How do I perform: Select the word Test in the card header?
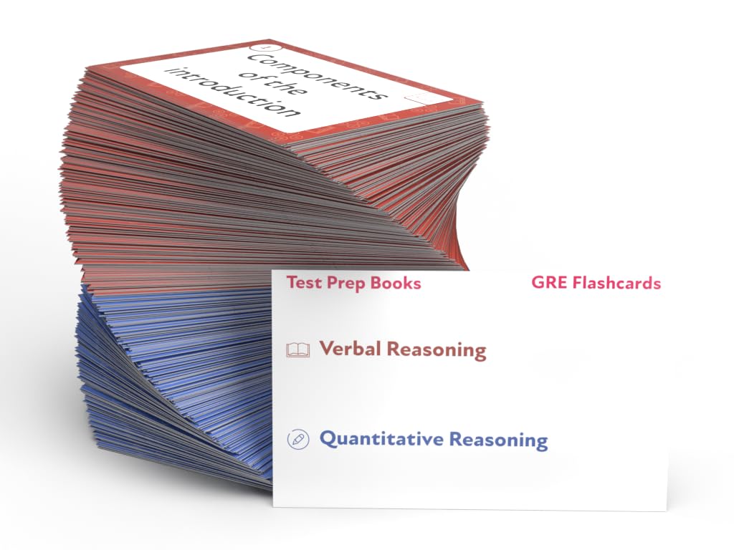point(301,282)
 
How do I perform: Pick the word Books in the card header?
point(395,282)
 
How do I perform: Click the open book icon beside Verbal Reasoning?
point(297,350)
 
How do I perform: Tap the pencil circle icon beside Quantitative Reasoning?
point(296,439)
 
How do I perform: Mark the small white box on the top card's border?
point(417,99)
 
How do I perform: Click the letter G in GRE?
point(538,283)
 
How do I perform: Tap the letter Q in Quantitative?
point(328,438)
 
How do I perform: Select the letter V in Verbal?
point(328,349)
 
